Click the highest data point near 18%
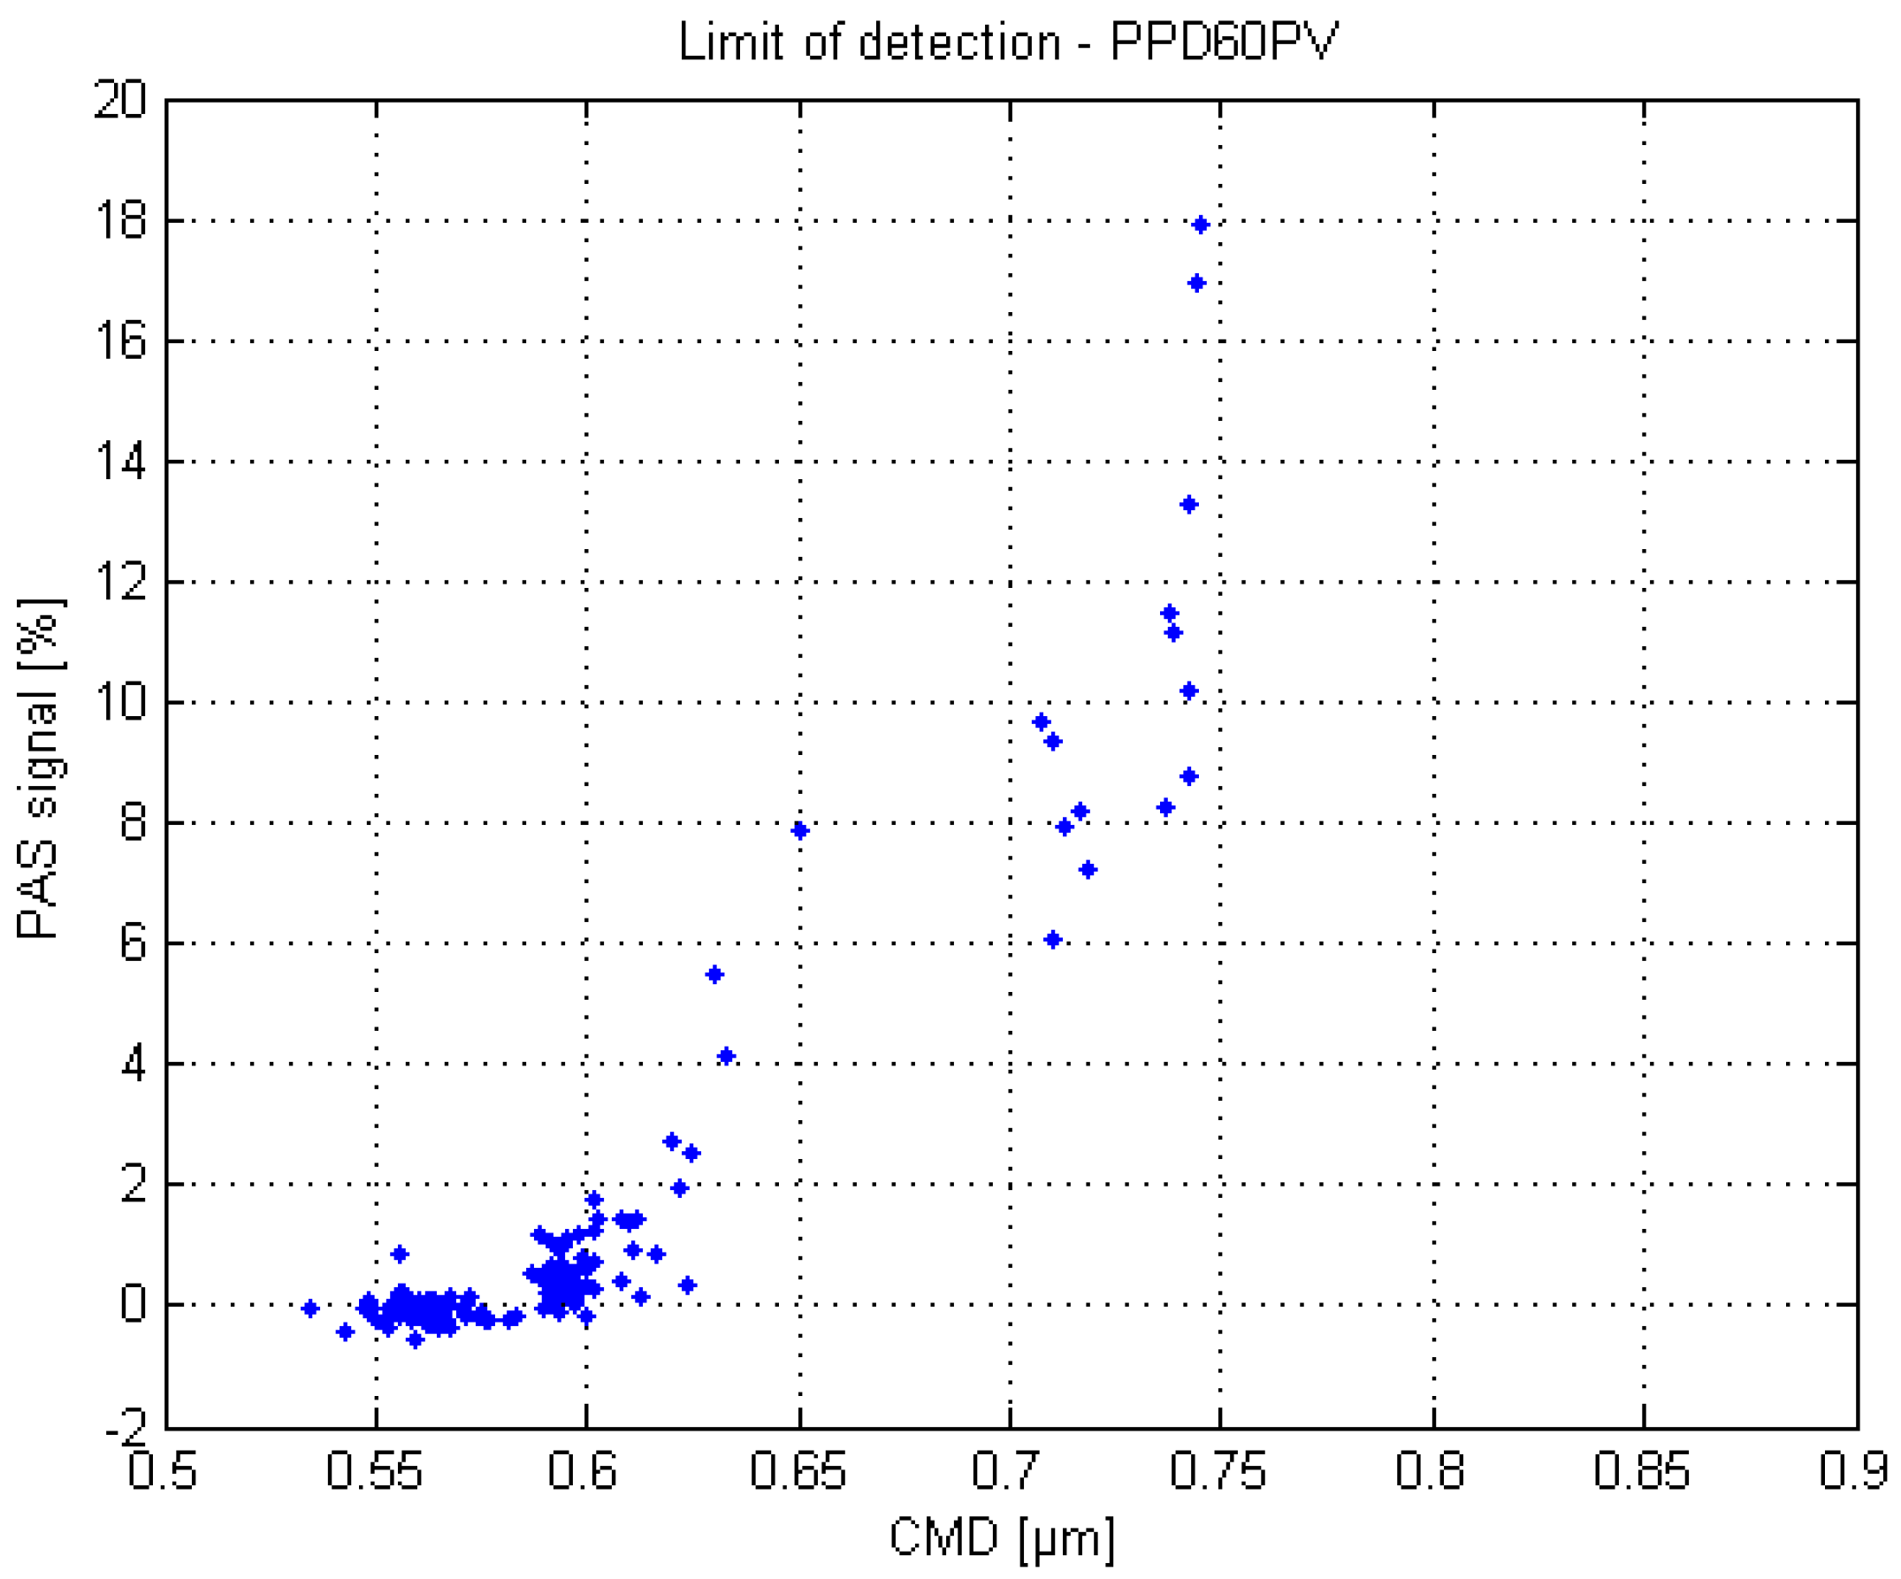pos(1201,225)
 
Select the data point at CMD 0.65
pos(799,831)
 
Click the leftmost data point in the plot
pos(310,1308)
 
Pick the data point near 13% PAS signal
pos(1189,504)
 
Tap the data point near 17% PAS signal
pos(1195,284)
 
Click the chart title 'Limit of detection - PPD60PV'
pos(1008,42)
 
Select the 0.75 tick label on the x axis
pos(1218,1471)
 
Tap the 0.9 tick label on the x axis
pos(1854,1471)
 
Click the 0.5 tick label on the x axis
pos(163,1471)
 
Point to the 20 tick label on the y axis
pos(119,99)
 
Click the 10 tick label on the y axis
pos(119,702)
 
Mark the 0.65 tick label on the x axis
pos(798,1471)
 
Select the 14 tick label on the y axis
pos(119,461)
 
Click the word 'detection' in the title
pos(958,42)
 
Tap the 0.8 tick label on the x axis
pos(1430,1471)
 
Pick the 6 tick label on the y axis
pos(132,943)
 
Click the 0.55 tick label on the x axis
pos(374,1471)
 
